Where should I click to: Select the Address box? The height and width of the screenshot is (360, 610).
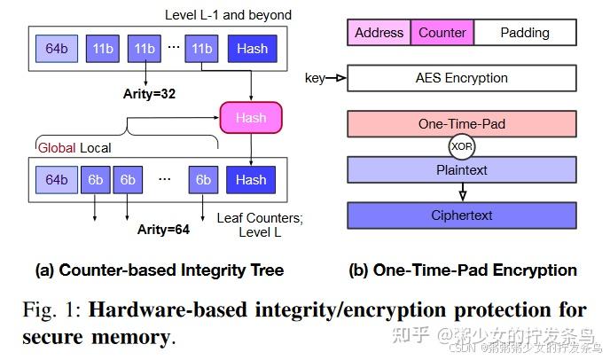(379, 33)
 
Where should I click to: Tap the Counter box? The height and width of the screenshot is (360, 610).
(442, 33)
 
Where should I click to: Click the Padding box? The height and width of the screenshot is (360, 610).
(524, 33)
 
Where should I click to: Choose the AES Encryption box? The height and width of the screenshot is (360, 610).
(461, 78)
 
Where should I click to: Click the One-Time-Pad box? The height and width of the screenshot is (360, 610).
(461, 124)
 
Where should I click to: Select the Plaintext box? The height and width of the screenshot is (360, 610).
(461, 168)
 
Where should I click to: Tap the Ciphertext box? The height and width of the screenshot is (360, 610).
(461, 215)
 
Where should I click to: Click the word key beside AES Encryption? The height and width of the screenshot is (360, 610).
(315, 78)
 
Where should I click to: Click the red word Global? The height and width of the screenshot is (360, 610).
(57, 149)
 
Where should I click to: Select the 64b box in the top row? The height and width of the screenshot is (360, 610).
(58, 48)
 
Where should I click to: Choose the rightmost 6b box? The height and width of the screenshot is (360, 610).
(203, 180)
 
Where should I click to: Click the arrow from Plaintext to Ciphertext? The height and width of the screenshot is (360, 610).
(461, 192)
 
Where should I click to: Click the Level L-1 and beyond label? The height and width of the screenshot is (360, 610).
(228, 15)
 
